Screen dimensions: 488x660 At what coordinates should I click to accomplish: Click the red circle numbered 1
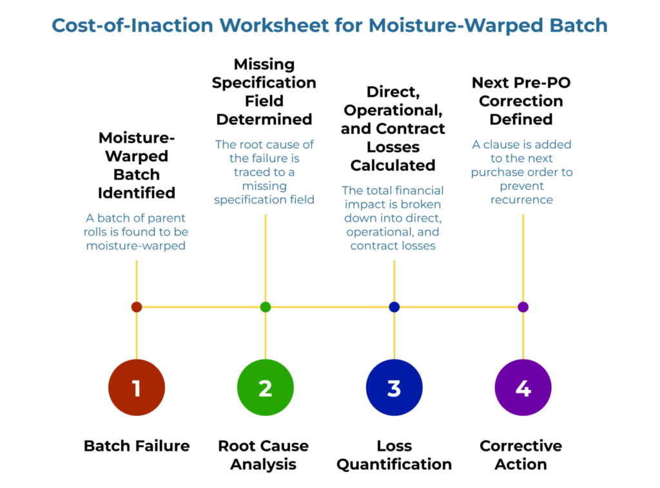coord(137,388)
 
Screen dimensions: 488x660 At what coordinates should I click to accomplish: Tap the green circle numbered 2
coord(266,388)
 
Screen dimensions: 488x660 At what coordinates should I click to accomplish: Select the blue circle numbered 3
coord(394,388)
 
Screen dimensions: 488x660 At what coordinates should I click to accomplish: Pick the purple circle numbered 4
coord(523,388)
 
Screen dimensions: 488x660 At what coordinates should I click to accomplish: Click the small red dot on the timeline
coord(137,307)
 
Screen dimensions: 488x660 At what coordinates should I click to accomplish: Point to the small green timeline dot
coord(266,307)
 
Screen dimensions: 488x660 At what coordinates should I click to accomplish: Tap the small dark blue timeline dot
coord(394,307)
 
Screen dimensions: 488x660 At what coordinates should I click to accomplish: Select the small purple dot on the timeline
coord(523,307)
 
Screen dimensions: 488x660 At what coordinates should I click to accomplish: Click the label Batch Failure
coord(137,446)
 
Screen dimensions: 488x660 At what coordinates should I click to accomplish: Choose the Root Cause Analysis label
coord(264,455)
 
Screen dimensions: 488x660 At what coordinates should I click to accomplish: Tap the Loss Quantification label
coord(394,455)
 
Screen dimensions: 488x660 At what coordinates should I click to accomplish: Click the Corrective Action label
coord(521,455)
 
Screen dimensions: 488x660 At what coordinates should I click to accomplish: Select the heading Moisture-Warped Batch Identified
coord(137,165)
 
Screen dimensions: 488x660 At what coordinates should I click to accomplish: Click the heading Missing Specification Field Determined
coord(264,91)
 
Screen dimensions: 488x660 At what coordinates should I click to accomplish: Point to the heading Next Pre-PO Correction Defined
coord(521,100)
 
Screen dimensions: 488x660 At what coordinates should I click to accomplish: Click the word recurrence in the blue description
coord(521,200)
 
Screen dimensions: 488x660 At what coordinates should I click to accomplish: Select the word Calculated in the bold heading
coord(393,165)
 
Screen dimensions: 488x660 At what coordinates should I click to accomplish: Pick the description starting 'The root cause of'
coord(264,172)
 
